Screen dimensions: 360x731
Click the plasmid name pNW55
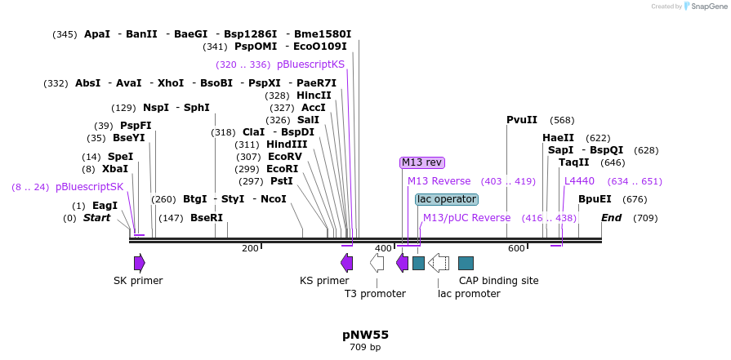coord(365,335)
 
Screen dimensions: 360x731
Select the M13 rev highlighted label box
coord(421,162)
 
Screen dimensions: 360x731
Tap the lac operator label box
coord(446,199)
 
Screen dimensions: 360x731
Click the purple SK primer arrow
coord(140,262)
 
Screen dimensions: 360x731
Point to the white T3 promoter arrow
coord(377,262)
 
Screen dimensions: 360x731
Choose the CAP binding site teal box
coord(466,263)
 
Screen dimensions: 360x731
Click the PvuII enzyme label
coord(522,120)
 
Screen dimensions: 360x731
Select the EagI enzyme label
coord(105,206)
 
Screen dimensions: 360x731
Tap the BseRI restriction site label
coord(207,218)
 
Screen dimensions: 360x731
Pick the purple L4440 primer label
coord(579,181)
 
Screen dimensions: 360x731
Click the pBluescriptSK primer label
coord(89,187)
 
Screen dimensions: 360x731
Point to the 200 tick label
coord(250,248)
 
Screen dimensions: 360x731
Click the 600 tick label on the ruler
coord(516,248)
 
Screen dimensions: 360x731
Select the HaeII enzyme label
coord(558,138)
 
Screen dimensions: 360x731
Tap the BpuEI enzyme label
coord(595,199)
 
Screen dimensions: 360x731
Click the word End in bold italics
coord(611,218)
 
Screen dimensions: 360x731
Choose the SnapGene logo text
coord(708,7)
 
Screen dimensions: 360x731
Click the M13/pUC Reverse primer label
coord(466,218)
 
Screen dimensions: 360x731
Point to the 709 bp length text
coord(365,348)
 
